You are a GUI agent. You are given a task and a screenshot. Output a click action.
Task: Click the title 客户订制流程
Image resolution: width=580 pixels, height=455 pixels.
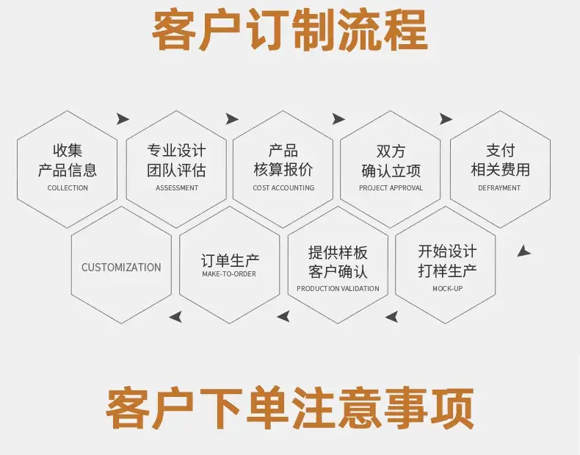coord(290,30)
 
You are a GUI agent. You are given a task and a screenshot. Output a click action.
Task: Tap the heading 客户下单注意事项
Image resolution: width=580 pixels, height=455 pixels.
coord(290,408)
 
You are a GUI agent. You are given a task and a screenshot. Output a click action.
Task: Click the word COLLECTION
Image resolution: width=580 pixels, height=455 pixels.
coord(68,188)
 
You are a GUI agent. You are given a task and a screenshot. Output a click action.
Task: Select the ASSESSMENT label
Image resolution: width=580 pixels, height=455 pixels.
coord(177,188)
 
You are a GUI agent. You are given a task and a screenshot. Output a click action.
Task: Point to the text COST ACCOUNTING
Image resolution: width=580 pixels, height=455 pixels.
coord(283,188)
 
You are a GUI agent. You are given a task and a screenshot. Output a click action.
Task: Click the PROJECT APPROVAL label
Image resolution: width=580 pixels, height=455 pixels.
coord(391,188)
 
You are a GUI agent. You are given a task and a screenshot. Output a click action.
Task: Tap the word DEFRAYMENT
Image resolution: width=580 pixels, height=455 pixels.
coord(499,188)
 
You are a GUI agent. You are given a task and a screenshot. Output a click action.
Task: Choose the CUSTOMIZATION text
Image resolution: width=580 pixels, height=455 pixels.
coord(121,268)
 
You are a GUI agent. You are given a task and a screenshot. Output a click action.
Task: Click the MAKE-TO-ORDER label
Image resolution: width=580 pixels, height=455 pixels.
coord(229,274)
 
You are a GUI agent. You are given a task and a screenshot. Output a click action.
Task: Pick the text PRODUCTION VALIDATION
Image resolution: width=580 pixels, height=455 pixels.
coord(338,288)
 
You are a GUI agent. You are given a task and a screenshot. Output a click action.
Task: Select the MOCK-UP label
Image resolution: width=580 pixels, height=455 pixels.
coord(448,288)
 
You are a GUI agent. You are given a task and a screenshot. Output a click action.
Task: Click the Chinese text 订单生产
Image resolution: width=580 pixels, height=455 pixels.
coord(230,260)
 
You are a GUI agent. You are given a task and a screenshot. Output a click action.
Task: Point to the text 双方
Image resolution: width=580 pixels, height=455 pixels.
coord(391,151)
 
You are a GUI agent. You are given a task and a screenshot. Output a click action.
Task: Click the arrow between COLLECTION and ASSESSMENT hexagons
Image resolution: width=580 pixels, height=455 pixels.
coord(123,119)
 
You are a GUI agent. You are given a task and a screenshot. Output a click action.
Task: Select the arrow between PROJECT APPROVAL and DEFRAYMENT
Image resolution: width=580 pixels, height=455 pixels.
coord(446,119)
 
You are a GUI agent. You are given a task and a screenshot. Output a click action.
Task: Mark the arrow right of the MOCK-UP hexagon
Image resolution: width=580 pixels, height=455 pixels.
coord(523,251)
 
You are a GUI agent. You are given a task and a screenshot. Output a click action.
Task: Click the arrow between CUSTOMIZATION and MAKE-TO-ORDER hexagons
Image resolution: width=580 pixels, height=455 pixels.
coord(175,317)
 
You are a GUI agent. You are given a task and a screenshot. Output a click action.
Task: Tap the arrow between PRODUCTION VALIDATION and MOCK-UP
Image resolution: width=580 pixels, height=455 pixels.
coord(392,317)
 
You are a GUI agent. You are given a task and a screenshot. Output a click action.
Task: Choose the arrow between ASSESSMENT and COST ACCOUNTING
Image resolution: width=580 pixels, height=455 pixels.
coord(232,119)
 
